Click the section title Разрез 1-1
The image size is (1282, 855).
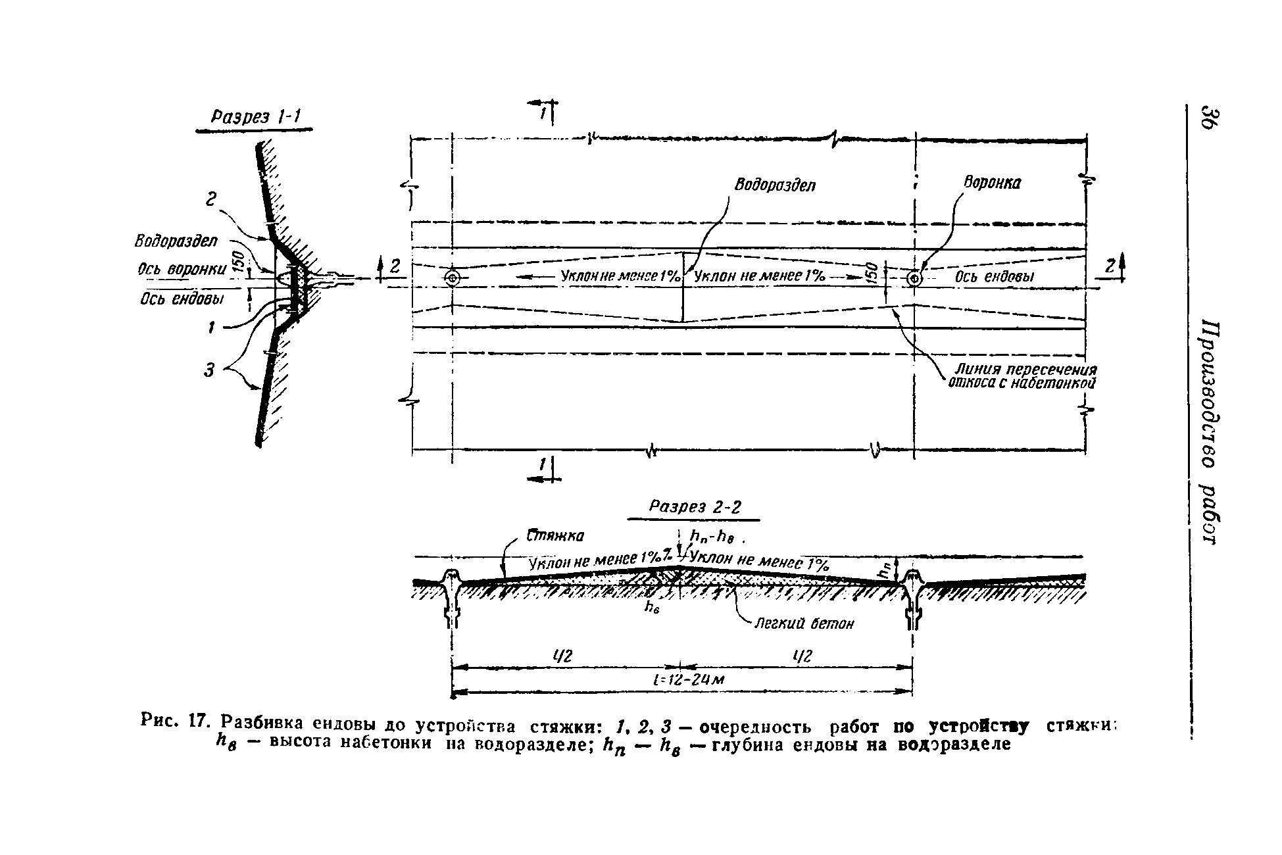pyautogui.click(x=255, y=118)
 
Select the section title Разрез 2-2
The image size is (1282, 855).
pyautogui.click(x=694, y=507)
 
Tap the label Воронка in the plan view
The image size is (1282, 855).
pyautogui.click(x=992, y=183)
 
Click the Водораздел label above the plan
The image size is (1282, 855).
pyautogui.click(x=774, y=185)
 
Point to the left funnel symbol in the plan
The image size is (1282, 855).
pyautogui.click(x=453, y=279)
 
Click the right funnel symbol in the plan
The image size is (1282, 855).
pyautogui.click(x=914, y=279)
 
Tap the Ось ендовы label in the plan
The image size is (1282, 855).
pyautogui.click(x=994, y=278)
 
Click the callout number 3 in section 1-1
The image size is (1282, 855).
pyautogui.click(x=209, y=371)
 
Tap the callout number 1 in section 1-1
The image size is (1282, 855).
pyautogui.click(x=211, y=327)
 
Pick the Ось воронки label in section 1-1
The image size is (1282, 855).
pyautogui.click(x=182, y=269)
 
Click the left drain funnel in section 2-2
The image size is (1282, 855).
pyautogui.click(x=451, y=595)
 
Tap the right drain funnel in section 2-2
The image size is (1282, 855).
pyautogui.click(x=912, y=595)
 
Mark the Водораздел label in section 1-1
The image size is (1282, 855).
pyautogui.click(x=176, y=241)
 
